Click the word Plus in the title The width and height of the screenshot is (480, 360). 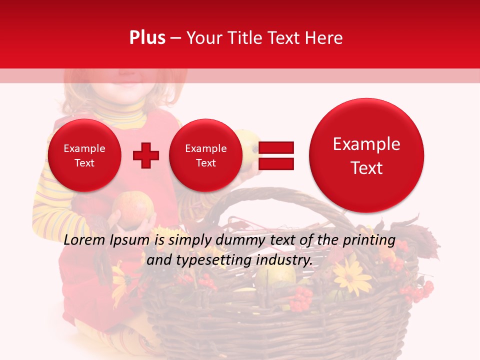[x=147, y=38]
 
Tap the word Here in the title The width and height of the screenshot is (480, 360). [x=324, y=38]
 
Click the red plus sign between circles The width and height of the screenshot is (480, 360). [x=145, y=155]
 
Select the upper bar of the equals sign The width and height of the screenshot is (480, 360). [x=275, y=147]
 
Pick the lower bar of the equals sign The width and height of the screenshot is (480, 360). [x=275, y=163]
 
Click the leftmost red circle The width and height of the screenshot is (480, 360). [x=84, y=155]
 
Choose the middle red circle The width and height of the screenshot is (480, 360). [x=205, y=155]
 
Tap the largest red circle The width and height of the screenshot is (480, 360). [x=366, y=155]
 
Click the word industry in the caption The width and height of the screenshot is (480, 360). [x=287, y=260]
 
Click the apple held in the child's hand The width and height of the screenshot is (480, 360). [x=133, y=207]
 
